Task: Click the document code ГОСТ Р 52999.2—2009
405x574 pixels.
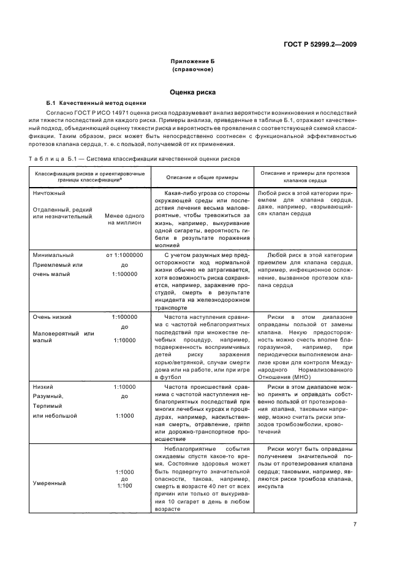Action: (x=324, y=44)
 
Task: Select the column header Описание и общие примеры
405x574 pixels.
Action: (x=198, y=177)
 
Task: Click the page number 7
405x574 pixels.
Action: (x=355, y=524)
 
